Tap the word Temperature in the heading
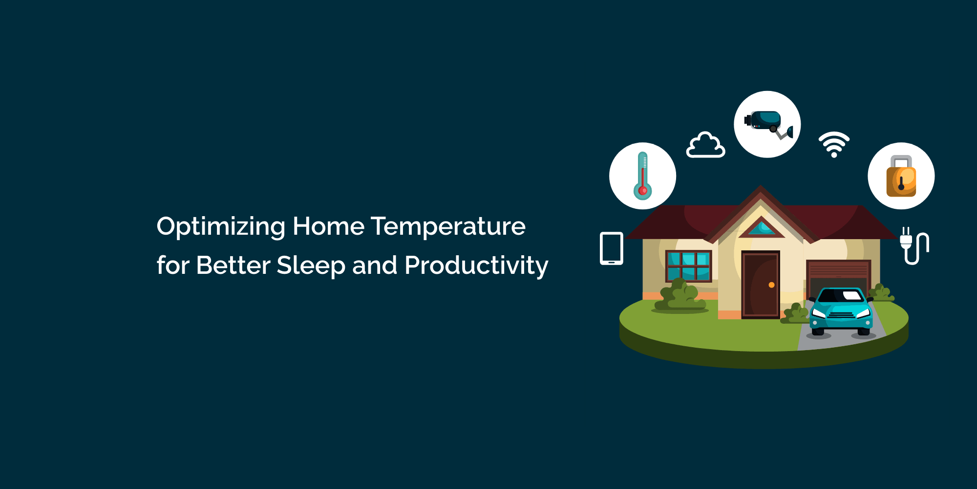pos(448,226)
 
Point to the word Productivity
pos(476,266)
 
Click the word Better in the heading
pos(233,266)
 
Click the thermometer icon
pos(642,176)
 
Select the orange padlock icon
pos(901,177)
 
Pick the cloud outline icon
pos(705,145)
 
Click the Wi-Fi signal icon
pos(834,144)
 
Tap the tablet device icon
pos(611,248)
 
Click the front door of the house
pos(760,285)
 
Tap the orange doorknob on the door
pos(771,285)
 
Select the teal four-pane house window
pos(688,266)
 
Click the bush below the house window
pos(680,296)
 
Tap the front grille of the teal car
pos(841,314)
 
